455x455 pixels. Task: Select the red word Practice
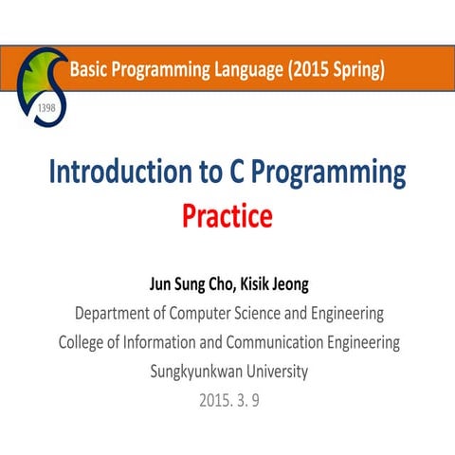click(227, 216)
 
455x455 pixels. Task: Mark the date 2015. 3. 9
click(228, 401)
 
